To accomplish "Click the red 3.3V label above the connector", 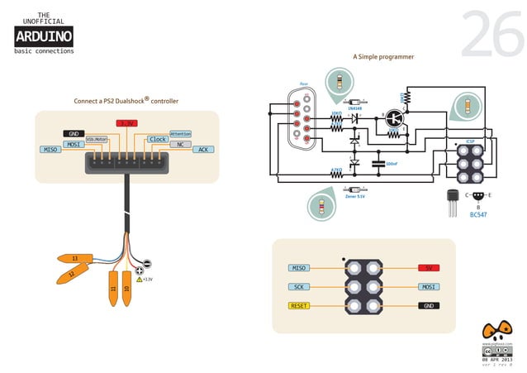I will pyautogui.click(x=126, y=122).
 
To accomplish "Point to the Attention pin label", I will pyautogui.click(x=180, y=133).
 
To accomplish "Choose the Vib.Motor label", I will pyautogui.click(x=97, y=140).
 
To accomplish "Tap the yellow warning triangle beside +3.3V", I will pyautogui.click(x=140, y=280).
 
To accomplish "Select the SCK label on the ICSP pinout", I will pyautogui.click(x=299, y=287).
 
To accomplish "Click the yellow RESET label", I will pyautogui.click(x=299, y=306).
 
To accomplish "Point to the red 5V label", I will pyautogui.click(x=428, y=268).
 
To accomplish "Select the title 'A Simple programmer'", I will pyautogui.click(x=383, y=57).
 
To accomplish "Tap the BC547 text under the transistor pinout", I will pyautogui.click(x=478, y=214).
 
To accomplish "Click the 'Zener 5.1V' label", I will pyautogui.click(x=355, y=196).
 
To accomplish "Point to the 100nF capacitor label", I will pyautogui.click(x=392, y=163).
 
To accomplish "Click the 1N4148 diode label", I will pyautogui.click(x=354, y=108).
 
